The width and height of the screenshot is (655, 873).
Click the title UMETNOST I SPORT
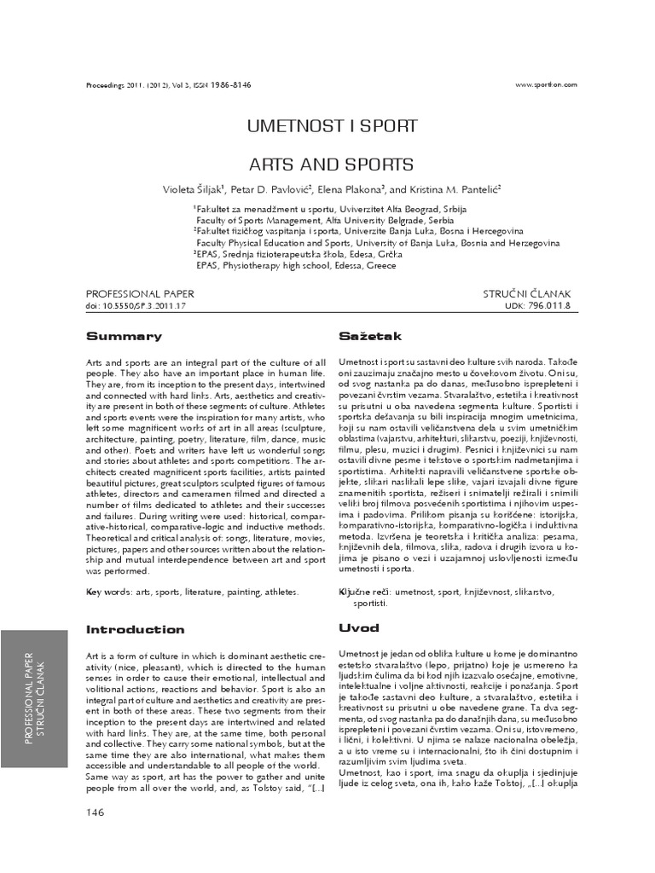(332, 126)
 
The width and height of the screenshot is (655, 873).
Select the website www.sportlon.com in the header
(546, 84)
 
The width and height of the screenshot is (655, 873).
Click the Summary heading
(124, 336)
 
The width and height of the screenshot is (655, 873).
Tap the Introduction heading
(136, 629)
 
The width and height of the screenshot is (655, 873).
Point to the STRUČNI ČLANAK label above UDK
(532, 292)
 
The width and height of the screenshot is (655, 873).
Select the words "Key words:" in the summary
(109, 591)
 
